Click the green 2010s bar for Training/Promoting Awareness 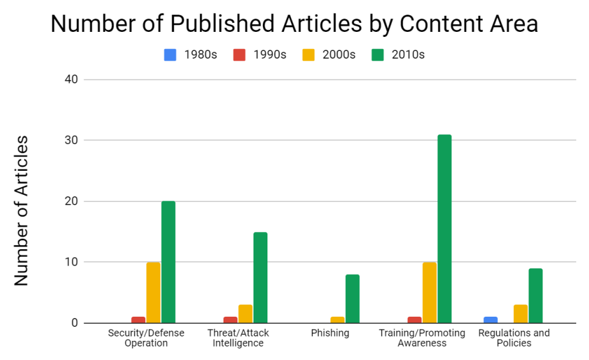tap(444, 229)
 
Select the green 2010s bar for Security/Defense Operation tap(168, 262)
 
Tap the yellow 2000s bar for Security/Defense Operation tap(153, 292)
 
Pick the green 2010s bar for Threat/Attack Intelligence tap(260, 277)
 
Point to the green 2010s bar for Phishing tap(352, 299)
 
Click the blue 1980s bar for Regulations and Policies tap(490, 320)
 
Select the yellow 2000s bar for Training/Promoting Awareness tap(429, 292)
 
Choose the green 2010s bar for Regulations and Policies tap(536, 296)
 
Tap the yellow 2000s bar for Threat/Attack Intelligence tap(245, 313)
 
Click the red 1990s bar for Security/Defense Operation tap(138, 320)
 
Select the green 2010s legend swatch tap(378, 55)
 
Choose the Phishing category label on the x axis tap(330, 333)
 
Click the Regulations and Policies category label tap(513, 338)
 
